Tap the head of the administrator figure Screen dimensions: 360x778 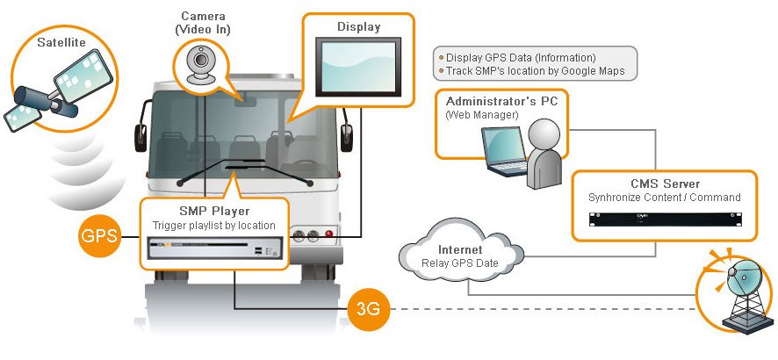[x=547, y=134]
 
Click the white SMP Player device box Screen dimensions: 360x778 [x=213, y=254]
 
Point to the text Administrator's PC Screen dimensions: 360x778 [x=501, y=101]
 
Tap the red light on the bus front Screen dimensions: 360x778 [x=329, y=235]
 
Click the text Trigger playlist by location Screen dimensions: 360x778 [x=213, y=227]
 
